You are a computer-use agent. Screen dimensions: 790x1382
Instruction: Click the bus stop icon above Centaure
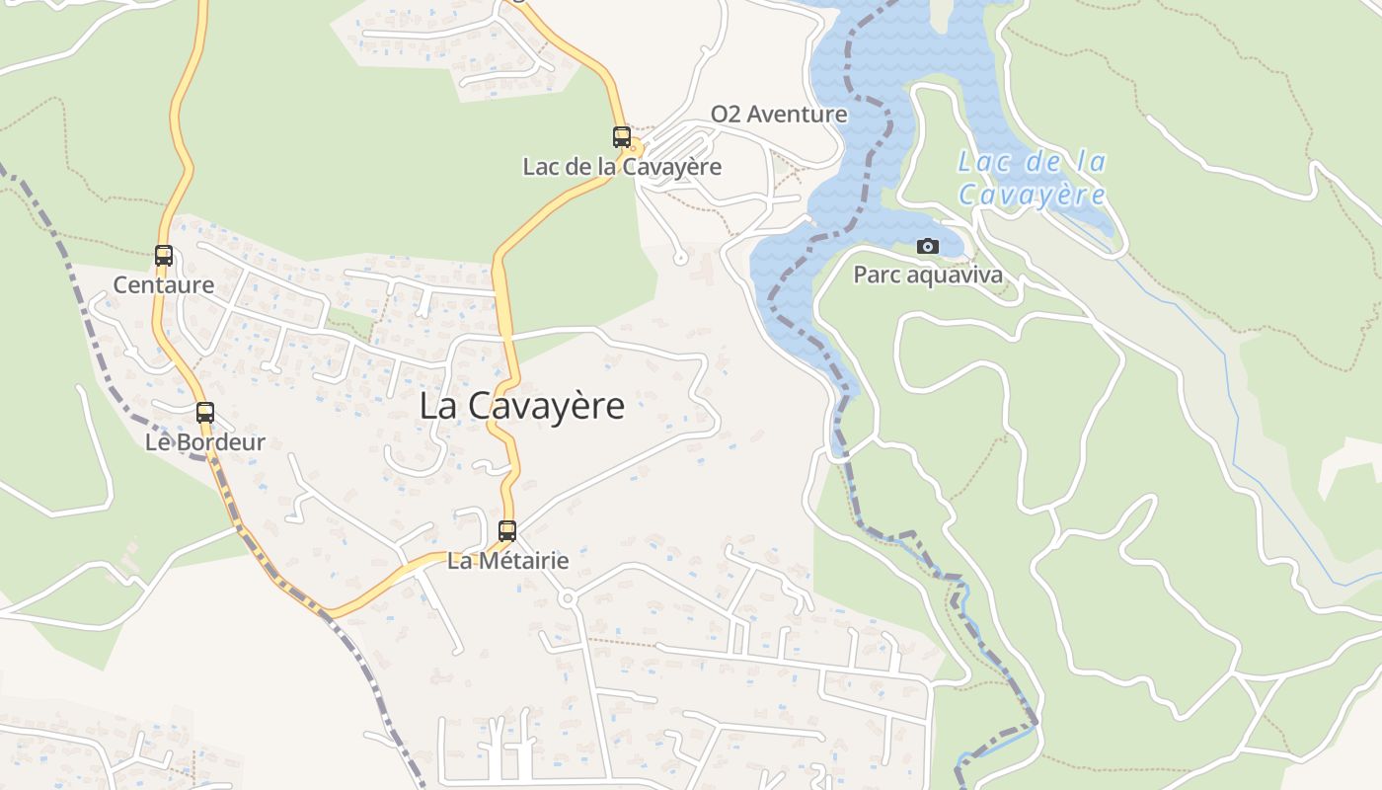164,256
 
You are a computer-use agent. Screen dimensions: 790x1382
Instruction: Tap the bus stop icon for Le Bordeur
205,413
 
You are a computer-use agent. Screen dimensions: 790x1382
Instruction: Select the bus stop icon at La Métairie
507,530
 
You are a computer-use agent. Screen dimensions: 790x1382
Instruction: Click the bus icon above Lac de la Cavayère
622,137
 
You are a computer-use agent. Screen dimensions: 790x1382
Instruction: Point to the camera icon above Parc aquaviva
928,246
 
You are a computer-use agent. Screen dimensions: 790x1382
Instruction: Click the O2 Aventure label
779,115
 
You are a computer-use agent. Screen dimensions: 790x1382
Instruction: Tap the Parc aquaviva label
928,275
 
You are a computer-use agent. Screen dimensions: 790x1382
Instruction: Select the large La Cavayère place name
522,406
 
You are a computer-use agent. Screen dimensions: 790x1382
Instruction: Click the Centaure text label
164,285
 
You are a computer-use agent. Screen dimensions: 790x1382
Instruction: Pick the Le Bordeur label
205,442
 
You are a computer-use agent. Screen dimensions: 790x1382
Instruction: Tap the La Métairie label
508,561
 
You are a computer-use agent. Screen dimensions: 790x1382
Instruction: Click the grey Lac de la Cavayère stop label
622,167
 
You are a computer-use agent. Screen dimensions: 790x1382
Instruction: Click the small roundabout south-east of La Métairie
567,598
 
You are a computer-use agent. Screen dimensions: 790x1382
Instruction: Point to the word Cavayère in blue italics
1032,195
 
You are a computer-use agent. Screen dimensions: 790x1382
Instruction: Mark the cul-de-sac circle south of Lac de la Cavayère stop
679,259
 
